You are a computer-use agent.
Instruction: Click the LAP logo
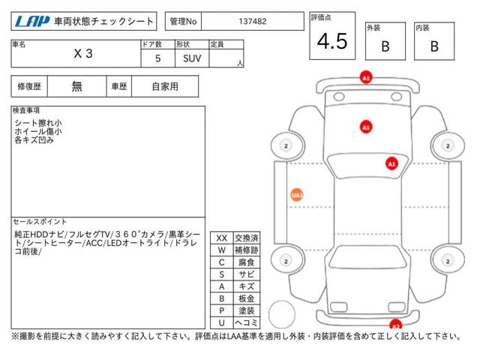pos(32,22)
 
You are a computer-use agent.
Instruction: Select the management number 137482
pos(253,22)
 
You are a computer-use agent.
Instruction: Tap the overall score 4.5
pos(332,41)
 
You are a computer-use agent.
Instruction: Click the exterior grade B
pos(385,46)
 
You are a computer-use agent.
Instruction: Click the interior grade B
pos(434,46)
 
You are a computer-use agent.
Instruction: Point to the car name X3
pos(83,53)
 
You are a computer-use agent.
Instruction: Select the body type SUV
pos(192,58)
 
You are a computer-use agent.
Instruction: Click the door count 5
pos(157,58)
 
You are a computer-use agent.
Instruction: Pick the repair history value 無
pos(76,87)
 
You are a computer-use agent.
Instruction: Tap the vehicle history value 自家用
pos(165,87)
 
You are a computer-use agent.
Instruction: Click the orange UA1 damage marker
pos(297,195)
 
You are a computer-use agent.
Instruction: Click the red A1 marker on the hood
pos(366,127)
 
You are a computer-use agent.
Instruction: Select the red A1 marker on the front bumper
pos(366,77)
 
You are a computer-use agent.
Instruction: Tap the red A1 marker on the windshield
pos(391,163)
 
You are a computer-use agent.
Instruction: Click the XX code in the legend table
pos(222,238)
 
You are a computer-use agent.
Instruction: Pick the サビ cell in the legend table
pos(247,274)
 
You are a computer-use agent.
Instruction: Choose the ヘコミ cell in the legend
pos(247,322)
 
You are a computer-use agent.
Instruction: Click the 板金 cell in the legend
pos(247,298)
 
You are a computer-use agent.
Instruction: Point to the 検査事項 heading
pos(26,110)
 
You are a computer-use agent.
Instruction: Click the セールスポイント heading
pos(40,221)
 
